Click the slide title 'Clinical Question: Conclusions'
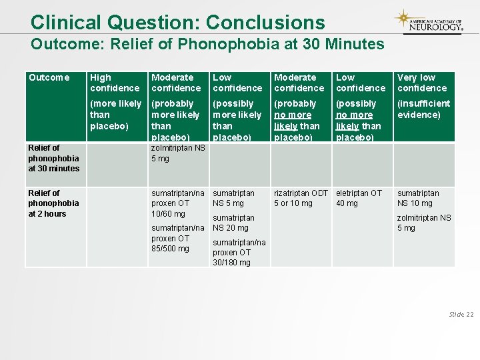(x=177, y=22)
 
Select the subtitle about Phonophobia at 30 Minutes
(x=207, y=45)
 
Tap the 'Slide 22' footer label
(x=461, y=314)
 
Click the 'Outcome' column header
(x=49, y=77)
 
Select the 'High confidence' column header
(x=115, y=83)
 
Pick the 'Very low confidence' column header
(x=422, y=83)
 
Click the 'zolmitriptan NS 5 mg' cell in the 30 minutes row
(x=178, y=153)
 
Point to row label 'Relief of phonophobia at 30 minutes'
(x=53, y=158)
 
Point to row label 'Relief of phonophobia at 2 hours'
(x=53, y=203)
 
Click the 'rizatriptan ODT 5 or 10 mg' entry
(x=301, y=198)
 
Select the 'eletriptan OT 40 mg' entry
(x=359, y=198)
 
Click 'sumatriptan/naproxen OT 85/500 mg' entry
(x=177, y=238)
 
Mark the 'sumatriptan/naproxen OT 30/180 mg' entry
(x=239, y=252)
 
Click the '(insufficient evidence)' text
(x=423, y=109)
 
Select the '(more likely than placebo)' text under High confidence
(x=115, y=115)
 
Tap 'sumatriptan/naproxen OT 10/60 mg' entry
(x=177, y=203)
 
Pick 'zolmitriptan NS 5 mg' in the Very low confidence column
(x=423, y=223)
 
